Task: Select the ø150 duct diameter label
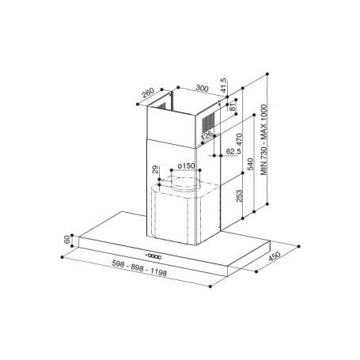click(186, 165)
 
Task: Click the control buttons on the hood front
click(153, 255)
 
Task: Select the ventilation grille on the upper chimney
click(207, 121)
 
